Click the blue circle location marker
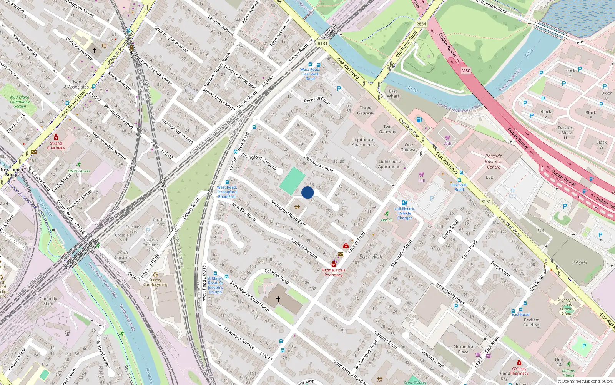pyautogui.click(x=307, y=192)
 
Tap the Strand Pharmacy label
pyautogui.click(x=56, y=146)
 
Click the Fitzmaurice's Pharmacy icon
pyautogui.click(x=334, y=264)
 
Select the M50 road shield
pyautogui.click(x=466, y=71)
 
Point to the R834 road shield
pyautogui.click(x=421, y=24)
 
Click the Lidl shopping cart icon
pyautogui.click(x=422, y=174)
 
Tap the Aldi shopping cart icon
pyautogui.click(x=447, y=137)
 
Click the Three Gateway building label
pyautogui.click(x=366, y=110)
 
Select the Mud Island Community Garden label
pyautogui.click(x=20, y=102)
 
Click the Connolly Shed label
pyautogui.click(x=48, y=301)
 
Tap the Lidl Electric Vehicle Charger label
pyautogui.click(x=404, y=213)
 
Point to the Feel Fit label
pyautogui.click(x=387, y=220)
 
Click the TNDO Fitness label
pyautogui.click(x=78, y=171)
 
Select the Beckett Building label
pyautogui.click(x=531, y=322)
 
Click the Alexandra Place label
pyautogui.click(x=463, y=349)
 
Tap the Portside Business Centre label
pyautogui.click(x=494, y=161)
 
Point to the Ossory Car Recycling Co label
pyautogui.click(x=155, y=285)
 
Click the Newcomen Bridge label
pyautogui.click(x=12, y=172)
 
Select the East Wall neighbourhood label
pyautogui.click(x=371, y=256)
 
